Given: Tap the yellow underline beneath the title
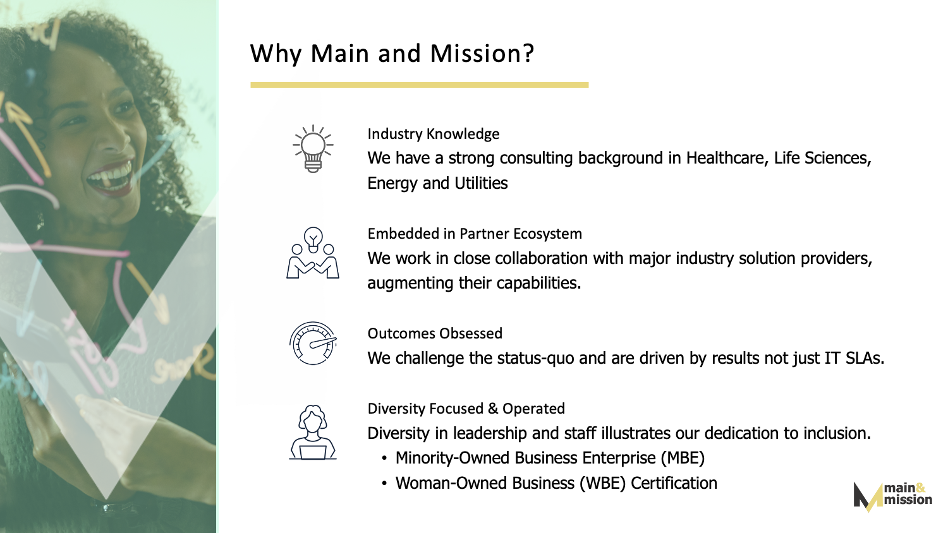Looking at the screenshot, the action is click(420, 85).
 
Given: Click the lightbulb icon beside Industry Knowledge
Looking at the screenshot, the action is click(313, 148).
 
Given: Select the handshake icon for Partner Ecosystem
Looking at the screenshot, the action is click(313, 253).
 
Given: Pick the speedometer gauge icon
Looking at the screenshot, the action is click(313, 343).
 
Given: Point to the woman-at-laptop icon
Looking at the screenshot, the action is click(313, 432).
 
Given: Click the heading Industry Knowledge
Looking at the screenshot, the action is click(434, 134).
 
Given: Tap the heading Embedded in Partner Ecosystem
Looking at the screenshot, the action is click(475, 234).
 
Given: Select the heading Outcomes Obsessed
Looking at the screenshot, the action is click(435, 333).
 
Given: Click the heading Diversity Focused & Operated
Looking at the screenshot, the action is click(466, 409).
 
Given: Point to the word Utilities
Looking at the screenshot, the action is click(481, 183).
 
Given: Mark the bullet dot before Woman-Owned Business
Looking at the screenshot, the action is click(384, 484).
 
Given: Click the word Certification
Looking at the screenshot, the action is click(674, 483).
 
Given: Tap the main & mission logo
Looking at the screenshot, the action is click(892, 496).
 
